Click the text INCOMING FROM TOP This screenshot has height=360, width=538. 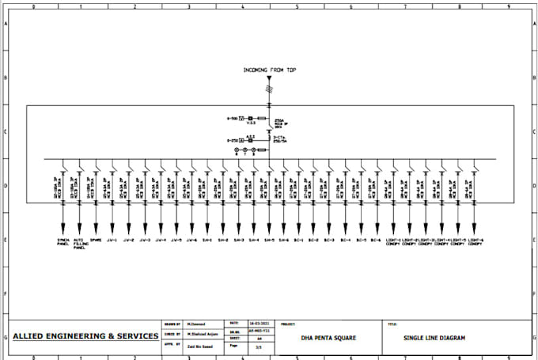[269, 70]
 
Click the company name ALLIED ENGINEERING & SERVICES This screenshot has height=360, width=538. [85, 336]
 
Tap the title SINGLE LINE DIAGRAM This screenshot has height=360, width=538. [434, 339]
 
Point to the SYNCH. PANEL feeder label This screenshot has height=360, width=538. [63, 241]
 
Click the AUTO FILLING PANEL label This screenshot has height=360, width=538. [79, 243]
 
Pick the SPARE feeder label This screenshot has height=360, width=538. [96, 239]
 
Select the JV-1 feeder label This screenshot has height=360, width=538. [112, 239]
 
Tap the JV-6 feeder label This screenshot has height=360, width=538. [192, 239]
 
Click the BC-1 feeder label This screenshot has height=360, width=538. [298, 239]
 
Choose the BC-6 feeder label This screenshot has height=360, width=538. [377, 239]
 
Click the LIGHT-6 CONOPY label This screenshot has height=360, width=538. [475, 241]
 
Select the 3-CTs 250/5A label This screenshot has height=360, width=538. [280, 139]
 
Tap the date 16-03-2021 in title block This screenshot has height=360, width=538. [241, 323]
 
